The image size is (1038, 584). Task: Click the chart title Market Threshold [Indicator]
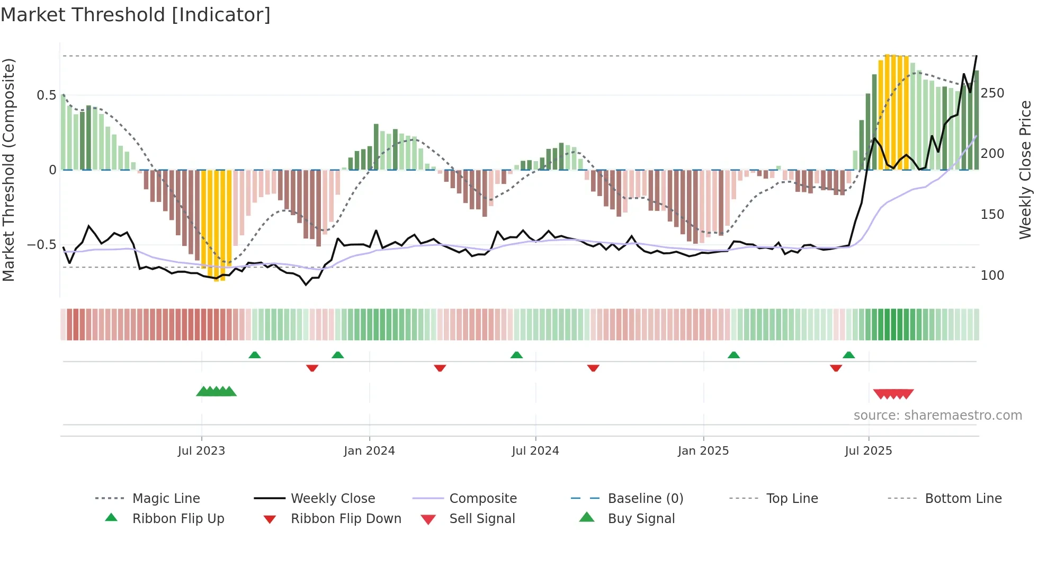pyautogui.click(x=136, y=15)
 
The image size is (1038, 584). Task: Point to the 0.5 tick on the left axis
pyautogui.click(x=46, y=95)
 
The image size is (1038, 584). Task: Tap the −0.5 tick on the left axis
pyautogui.click(x=42, y=245)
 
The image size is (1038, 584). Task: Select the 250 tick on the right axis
pyautogui.click(x=992, y=93)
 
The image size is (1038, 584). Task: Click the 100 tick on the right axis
pyautogui.click(x=992, y=276)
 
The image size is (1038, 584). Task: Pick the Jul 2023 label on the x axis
pyautogui.click(x=201, y=451)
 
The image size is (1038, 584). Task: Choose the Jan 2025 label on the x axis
pyautogui.click(x=703, y=451)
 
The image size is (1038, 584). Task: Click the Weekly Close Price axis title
pyautogui.click(x=1026, y=170)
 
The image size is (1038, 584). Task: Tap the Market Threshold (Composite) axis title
pyautogui.click(x=8, y=170)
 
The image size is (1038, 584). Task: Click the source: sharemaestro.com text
pyautogui.click(x=937, y=415)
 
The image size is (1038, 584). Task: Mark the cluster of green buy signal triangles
pyautogui.click(x=216, y=392)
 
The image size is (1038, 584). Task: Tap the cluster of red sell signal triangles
pyautogui.click(x=893, y=394)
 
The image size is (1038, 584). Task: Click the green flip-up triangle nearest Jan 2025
pyautogui.click(x=733, y=355)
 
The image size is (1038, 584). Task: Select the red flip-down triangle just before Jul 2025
pyautogui.click(x=836, y=368)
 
